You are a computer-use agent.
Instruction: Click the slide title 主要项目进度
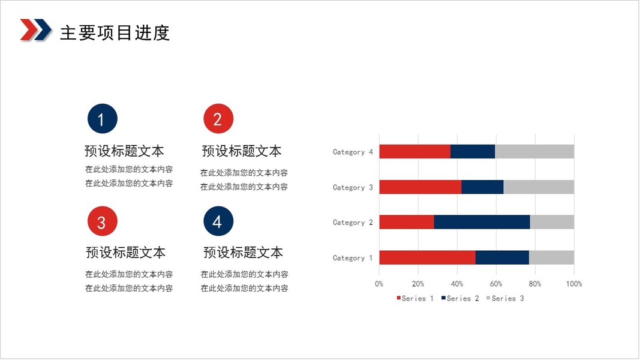(x=115, y=32)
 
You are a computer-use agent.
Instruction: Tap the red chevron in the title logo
(x=28, y=29)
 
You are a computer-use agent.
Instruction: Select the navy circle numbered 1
(x=103, y=119)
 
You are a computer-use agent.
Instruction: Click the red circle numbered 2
(x=218, y=119)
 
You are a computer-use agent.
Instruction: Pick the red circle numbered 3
(x=103, y=221)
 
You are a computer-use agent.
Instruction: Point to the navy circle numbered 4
(x=218, y=221)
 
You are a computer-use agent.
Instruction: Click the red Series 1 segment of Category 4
(x=415, y=151)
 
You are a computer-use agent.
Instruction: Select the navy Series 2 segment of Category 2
(x=482, y=222)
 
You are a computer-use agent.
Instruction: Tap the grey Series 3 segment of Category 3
(x=539, y=187)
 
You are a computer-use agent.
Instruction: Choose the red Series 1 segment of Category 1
(x=427, y=257)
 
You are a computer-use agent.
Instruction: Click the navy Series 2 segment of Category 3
(x=482, y=187)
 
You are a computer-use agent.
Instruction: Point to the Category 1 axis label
(x=353, y=258)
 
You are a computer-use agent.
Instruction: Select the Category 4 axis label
(x=353, y=152)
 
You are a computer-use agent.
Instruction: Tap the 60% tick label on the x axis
(x=496, y=284)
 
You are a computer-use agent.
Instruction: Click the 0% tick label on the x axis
(x=379, y=284)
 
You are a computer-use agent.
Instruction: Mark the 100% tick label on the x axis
(x=574, y=284)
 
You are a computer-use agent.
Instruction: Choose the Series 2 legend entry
(x=460, y=298)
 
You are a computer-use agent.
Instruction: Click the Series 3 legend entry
(x=505, y=298)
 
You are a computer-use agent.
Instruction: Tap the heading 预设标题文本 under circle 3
(x=126, y=252)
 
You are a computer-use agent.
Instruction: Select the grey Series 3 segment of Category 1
(x=551, y=257)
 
